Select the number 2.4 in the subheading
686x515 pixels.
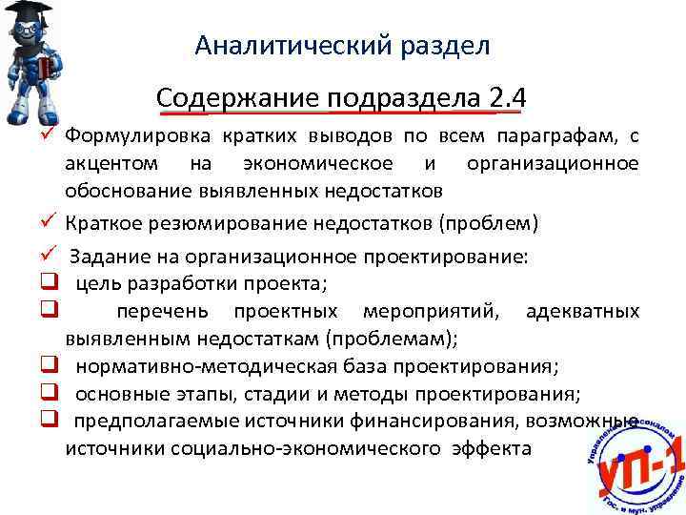click(x=507, y=98)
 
